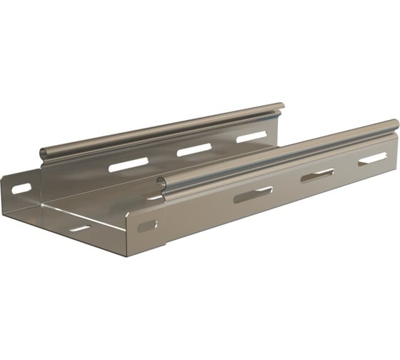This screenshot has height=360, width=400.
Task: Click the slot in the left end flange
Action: coord(21,189)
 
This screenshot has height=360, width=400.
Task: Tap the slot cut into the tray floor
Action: coord(79,229)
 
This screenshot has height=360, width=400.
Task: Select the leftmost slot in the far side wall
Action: coord(128,165)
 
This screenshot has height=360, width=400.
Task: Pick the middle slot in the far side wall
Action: coord(194,150)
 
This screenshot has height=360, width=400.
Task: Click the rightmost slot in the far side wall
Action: coord(251,136)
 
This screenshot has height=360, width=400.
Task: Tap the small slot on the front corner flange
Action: coord(147,226)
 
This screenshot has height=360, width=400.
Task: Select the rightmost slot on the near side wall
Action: coord(372,158)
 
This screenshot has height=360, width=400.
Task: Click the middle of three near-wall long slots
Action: coord(317,175)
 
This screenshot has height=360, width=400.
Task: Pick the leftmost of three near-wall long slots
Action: coord(253,194)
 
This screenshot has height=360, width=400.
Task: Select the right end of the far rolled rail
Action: coord(280,107)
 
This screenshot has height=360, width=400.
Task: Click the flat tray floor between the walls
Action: coord(107,204)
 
